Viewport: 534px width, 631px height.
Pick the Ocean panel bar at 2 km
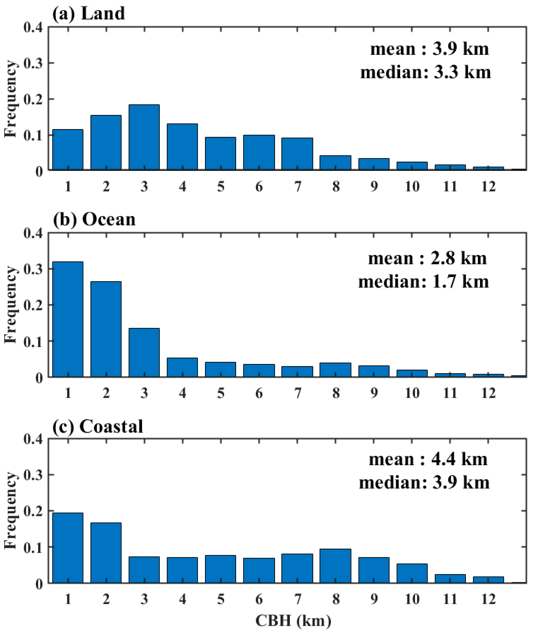point(106,329)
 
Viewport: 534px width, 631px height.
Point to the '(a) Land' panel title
point(88,13)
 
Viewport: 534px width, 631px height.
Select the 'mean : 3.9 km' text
point(429,49)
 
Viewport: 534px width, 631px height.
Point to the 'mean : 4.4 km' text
point(428,459)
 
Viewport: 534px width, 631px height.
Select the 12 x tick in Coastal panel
point(488,599)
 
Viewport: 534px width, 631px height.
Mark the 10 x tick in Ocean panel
point(412,393)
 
